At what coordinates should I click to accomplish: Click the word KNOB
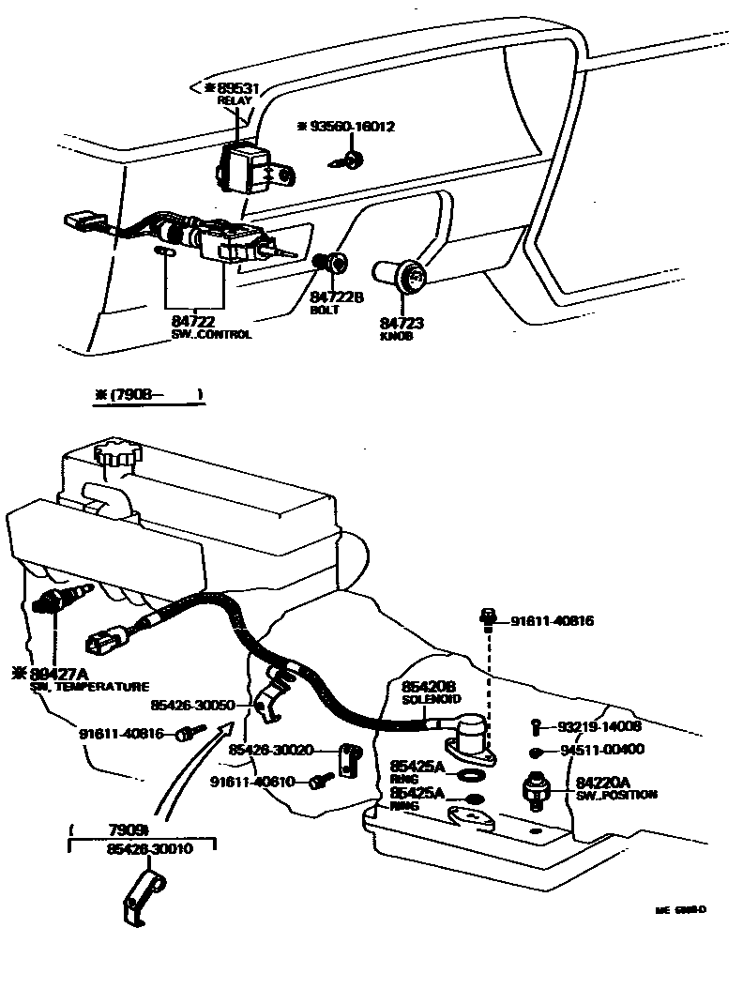click(396, 336)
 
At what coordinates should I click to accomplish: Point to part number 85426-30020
click(270, 750)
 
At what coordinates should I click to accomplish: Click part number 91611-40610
click(252, 781)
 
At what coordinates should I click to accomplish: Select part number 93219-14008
click(600, 726)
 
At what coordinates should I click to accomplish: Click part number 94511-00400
click(603, 750)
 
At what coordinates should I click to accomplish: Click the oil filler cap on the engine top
click(118, 455)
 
